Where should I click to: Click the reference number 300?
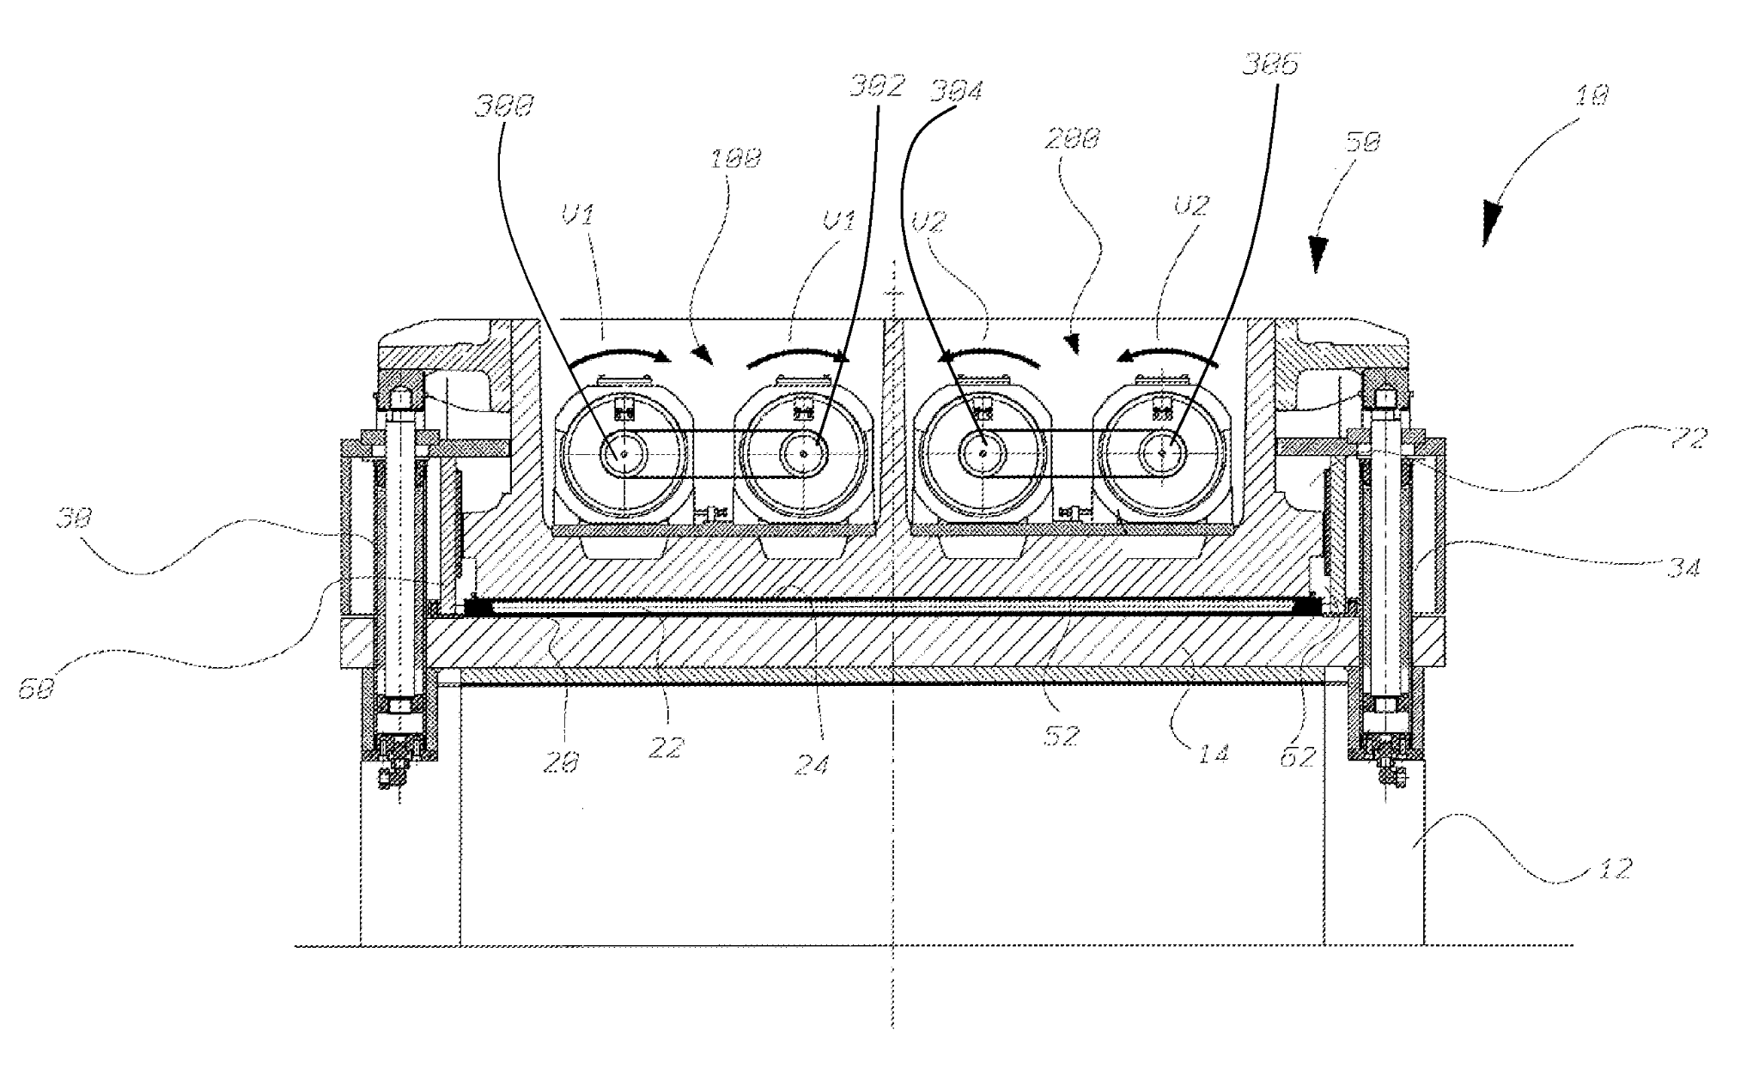point(505,106)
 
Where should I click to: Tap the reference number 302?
point(877,88)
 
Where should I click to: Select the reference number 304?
point(956,91)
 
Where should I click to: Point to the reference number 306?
point(1272,64)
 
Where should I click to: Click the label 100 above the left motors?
point(736,159)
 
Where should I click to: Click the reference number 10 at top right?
point(1592,95)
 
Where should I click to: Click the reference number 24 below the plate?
point(811,763)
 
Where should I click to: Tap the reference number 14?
point(1213,753)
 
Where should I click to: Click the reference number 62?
point(1297,756)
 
